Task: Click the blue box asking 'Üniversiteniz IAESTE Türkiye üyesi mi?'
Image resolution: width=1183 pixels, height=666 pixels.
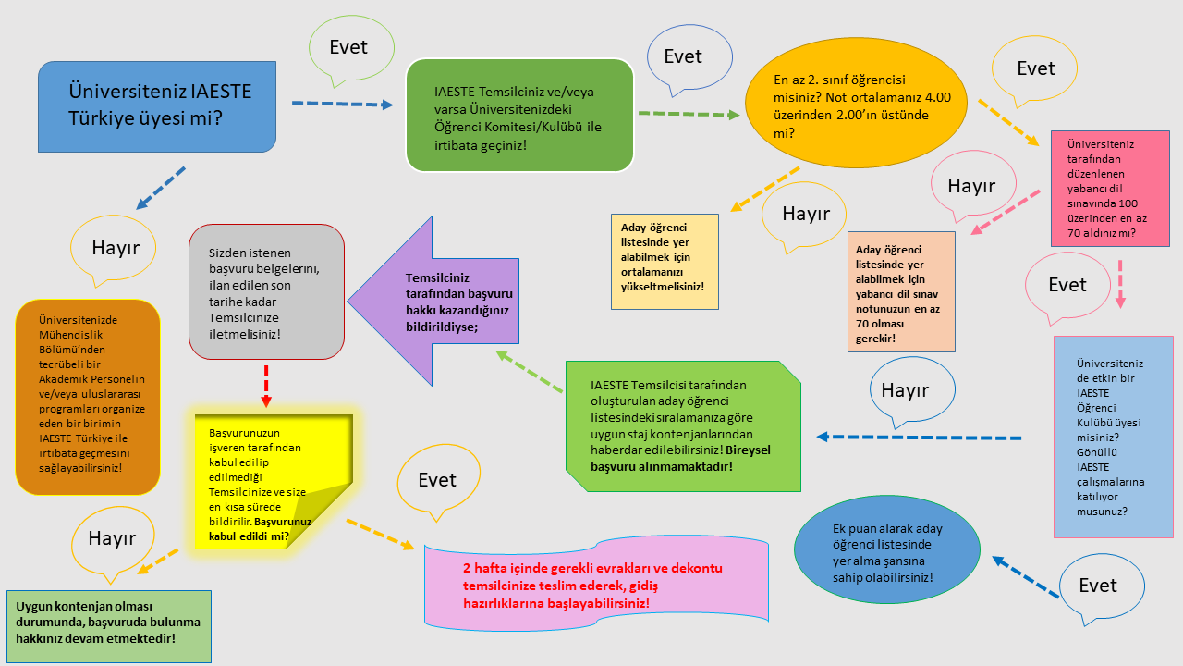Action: coord(157,105)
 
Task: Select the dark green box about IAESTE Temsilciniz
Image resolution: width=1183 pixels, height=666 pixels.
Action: coord(520,115)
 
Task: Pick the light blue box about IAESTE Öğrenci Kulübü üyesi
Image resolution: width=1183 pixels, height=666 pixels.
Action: coord(1113,436)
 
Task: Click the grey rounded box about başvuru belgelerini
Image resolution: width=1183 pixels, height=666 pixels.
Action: coord(266,290)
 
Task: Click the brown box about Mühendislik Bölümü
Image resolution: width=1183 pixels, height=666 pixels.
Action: coord(88,396)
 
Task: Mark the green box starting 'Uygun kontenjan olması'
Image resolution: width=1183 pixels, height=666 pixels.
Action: coord(109,625)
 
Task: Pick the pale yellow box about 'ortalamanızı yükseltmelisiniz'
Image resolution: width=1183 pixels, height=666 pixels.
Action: coord(664,262)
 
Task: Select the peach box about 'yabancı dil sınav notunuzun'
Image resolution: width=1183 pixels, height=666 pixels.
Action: coord(901,291)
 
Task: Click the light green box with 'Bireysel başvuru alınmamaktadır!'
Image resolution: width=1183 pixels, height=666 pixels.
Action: coord(683,425)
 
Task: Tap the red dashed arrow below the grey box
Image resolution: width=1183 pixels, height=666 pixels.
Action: coord(265,384)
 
